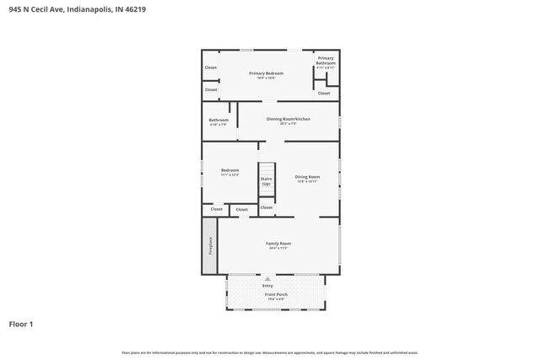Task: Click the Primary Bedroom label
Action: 266,73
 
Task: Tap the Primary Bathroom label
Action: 326,61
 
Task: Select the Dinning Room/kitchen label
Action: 289,119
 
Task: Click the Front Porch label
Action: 277,294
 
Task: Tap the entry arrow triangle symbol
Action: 268,277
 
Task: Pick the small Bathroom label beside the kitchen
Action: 219,121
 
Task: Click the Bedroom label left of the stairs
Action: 230,170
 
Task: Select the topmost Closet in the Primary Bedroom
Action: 211,67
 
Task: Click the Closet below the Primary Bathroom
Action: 324,93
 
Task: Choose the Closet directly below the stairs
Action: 267,207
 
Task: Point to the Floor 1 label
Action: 22,323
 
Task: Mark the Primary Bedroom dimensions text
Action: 266,78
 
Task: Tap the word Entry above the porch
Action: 268,286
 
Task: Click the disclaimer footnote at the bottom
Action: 269,352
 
